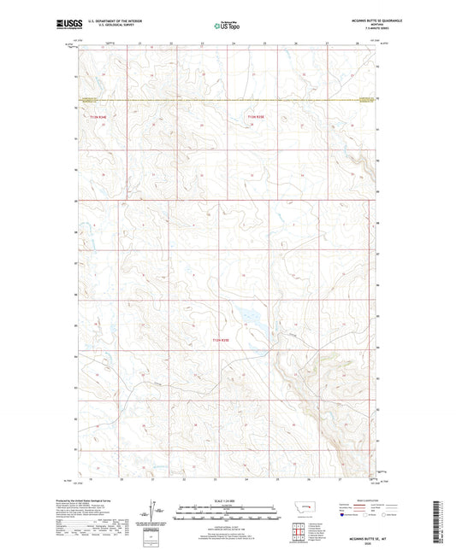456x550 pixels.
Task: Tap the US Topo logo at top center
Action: point(228,26)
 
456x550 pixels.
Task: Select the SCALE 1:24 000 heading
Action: point(228,500)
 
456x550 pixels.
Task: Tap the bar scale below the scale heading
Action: point(228,515)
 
